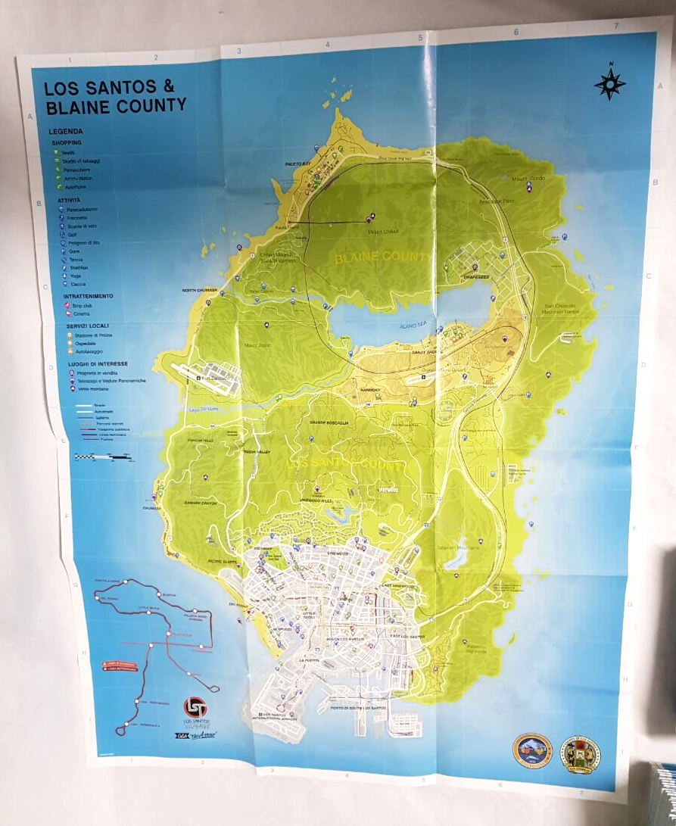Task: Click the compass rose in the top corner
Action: [610, 84]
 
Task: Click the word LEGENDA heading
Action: [66, 131]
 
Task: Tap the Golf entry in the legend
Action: [73, 235]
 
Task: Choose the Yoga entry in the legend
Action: [73, 276]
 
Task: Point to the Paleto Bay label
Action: [298, 164]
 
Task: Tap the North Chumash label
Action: [200, 290]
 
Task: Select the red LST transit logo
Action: [195, 708]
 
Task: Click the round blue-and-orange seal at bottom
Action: [532, 750]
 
